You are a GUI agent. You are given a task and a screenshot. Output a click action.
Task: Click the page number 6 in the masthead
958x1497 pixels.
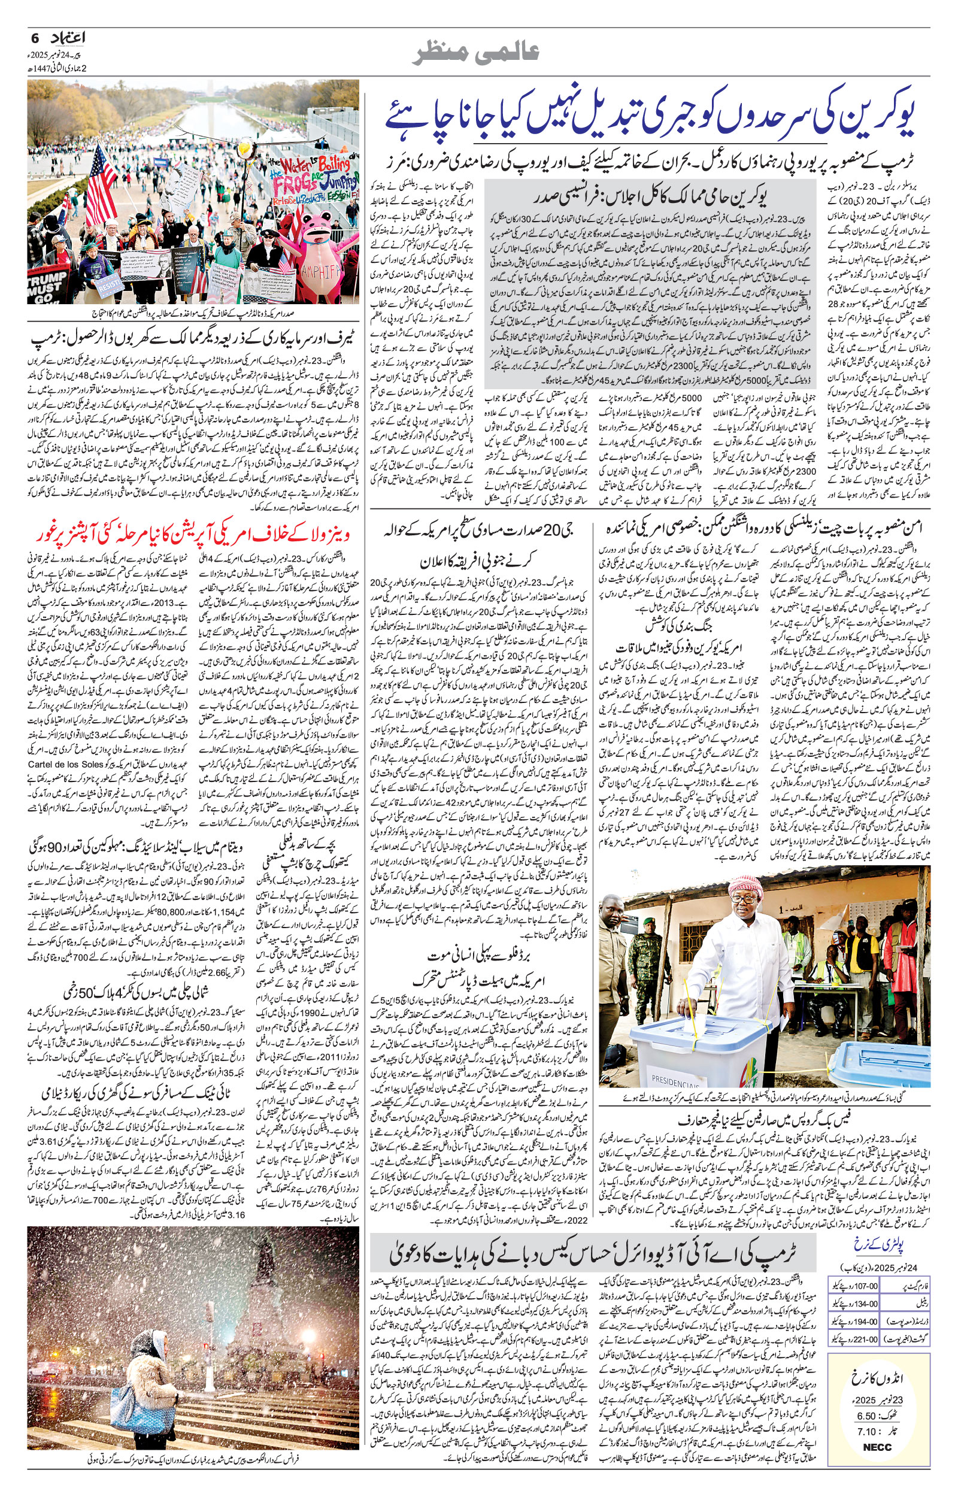34,38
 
